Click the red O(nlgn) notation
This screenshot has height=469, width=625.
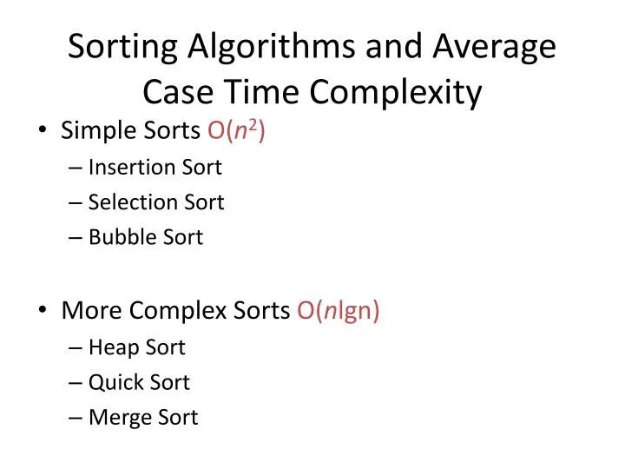click(338, 312)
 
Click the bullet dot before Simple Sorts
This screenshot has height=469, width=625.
click(43, 132)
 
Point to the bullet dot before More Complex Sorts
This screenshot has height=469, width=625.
click(43, 312)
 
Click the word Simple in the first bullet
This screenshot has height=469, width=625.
click(93, 132)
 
